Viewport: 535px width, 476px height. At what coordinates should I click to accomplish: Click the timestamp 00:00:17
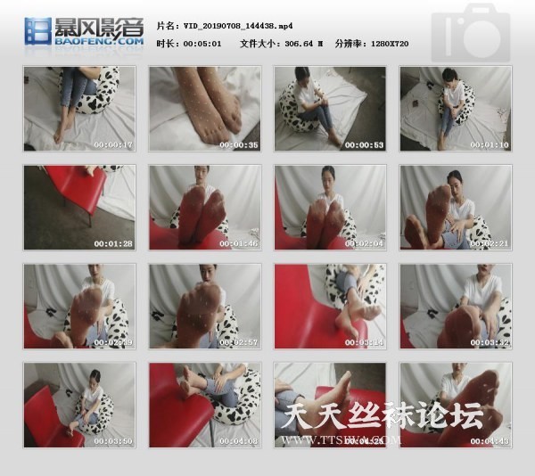(x=114, y=144)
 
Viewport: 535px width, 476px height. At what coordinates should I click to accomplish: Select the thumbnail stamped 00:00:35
(x=204, y=109)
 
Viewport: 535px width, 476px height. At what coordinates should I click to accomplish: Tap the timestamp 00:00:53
(x=365, y=144)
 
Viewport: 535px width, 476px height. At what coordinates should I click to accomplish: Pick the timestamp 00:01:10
(x=490, y=144)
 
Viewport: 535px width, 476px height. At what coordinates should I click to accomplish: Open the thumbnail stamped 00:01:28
(x=79, y=208)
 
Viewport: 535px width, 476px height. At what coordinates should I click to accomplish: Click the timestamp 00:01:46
(x=239, y=243)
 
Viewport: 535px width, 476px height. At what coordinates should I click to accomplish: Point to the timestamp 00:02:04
(x=365, y=243)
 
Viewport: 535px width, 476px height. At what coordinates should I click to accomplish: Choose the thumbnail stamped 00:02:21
(x=455, y=208)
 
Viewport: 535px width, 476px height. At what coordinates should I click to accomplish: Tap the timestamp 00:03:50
(x=114, y=440)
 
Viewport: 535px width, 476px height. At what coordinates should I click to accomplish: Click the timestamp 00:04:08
(x=239, y=440)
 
